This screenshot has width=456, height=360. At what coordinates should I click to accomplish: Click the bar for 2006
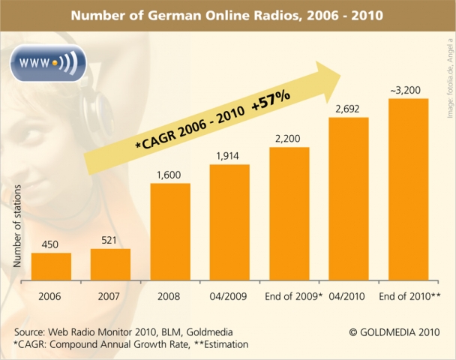click(x=51, y=265)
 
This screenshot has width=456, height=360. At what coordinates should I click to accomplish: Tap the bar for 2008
click(x=170, y=230)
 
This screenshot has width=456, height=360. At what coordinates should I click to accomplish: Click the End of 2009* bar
click(x=289, y=213)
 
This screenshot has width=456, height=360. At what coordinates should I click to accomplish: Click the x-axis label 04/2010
click(x=348, y=295)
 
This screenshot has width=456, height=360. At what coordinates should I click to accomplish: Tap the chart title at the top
click(x=227, y=15)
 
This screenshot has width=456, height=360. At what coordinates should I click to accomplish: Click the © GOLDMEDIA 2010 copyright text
click(x=394, y=331)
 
